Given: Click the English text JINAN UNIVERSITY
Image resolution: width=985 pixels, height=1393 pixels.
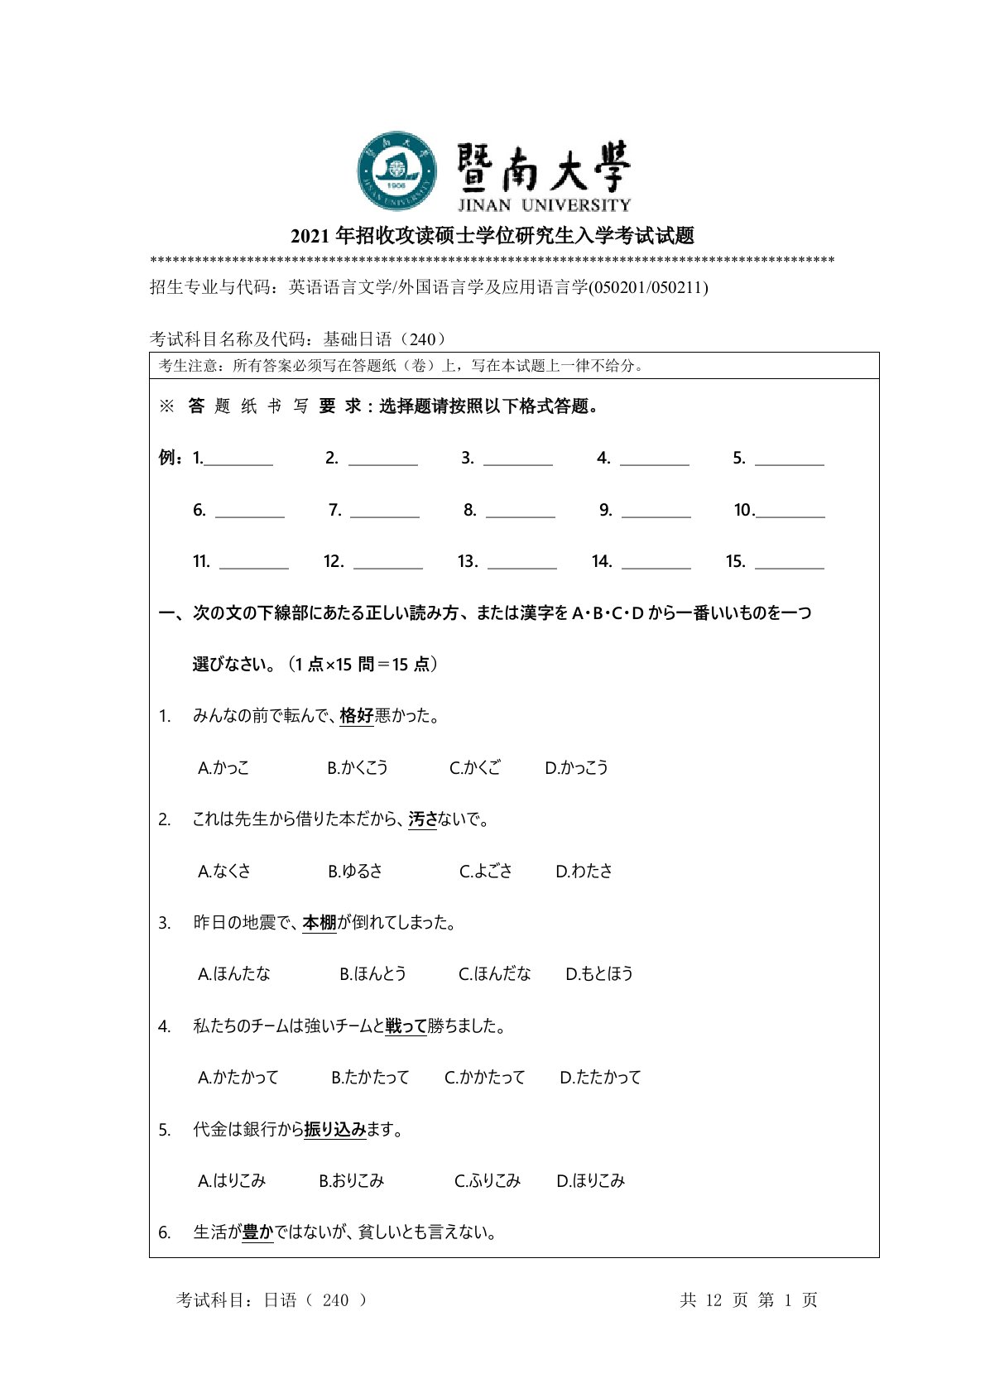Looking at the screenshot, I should [544, 205].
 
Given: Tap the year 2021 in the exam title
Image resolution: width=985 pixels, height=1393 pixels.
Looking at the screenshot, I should [310, 237].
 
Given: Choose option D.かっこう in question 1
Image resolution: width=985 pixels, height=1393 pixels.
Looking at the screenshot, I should [576, 768].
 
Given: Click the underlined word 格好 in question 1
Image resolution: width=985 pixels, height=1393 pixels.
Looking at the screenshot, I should [357, 716].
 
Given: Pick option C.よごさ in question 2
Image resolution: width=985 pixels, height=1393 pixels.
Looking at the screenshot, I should [486, 871].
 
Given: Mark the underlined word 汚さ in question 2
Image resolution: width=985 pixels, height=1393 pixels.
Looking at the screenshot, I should [422, 819].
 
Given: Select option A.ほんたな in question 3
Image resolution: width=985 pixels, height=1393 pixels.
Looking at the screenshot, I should [234, 974].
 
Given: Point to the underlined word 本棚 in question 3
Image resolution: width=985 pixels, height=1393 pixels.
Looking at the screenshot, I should [320, 923].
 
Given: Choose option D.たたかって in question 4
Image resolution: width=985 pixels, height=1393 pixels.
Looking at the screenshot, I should [600, 1078].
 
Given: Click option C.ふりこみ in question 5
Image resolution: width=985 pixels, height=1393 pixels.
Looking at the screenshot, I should [487, 1181].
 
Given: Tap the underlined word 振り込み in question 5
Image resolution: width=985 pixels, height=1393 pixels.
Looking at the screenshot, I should [334, 1130].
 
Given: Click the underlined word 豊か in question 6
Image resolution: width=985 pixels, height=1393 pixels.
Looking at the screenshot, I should [257, 1232].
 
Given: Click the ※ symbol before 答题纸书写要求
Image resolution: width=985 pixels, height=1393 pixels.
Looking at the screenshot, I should [166, 406].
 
